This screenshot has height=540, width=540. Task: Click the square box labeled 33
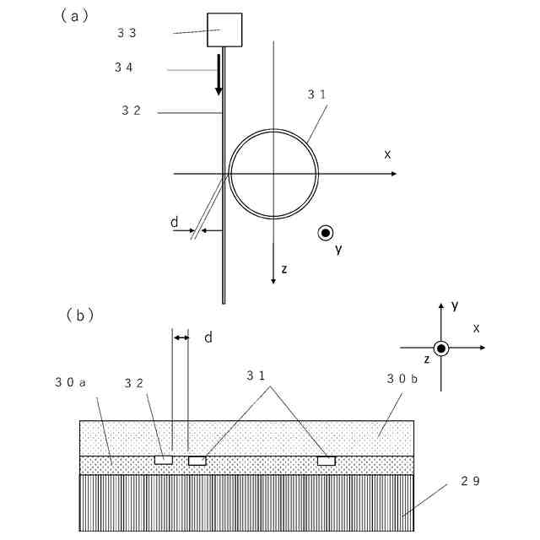(224, 30)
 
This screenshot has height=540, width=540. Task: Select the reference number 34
(124, 67)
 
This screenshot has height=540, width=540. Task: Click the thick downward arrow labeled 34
(219, 75)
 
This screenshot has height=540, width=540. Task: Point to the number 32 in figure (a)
(132, 111)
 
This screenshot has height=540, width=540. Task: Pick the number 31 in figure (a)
(317, 95)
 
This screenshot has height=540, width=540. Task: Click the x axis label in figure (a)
(387, 154)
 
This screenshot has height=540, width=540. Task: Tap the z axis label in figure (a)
(284, 268)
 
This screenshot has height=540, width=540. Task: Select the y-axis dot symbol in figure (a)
(325, 233)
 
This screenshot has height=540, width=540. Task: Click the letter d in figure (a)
(174, 222)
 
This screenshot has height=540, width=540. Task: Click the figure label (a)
(75, 15)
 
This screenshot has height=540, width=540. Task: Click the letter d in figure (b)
(207, 337)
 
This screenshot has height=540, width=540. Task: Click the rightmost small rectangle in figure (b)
(327, 461)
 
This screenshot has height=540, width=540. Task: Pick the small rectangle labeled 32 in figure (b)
(164, 460)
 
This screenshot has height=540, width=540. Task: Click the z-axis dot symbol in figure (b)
(440, 348)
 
